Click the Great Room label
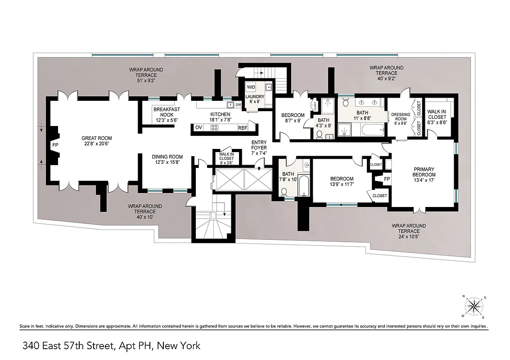(x=96, y=141)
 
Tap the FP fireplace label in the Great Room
(x=55, y=145)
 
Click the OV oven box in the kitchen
(x=199, y=128)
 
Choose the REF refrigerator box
(x=243, y=128)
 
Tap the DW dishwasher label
(x=239, y=105)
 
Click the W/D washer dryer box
(x=251, y=87)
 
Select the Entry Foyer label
(x=259, y=148)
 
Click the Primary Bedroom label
(x=424, y=172)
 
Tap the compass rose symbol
(x=473, y=307)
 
